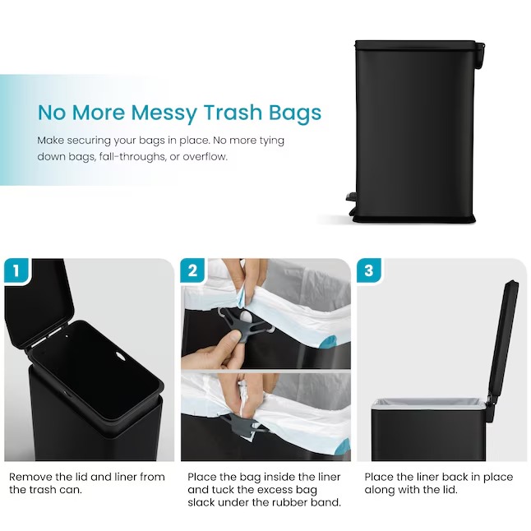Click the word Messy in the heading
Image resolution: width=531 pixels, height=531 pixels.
164,113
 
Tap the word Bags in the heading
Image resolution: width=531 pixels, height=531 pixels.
295,113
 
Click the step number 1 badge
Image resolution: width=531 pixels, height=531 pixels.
16,270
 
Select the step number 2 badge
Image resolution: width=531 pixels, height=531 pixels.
192,270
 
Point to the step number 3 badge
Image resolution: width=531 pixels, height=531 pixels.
369,270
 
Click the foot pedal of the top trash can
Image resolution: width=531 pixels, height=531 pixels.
352,196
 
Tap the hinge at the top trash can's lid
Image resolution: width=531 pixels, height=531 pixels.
480,54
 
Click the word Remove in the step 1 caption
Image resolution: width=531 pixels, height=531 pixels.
30,477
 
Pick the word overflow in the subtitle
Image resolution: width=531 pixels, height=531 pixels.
205,157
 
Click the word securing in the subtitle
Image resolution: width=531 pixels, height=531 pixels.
89,141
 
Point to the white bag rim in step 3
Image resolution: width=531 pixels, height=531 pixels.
427,404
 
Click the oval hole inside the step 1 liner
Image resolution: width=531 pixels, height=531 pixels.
120,355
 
